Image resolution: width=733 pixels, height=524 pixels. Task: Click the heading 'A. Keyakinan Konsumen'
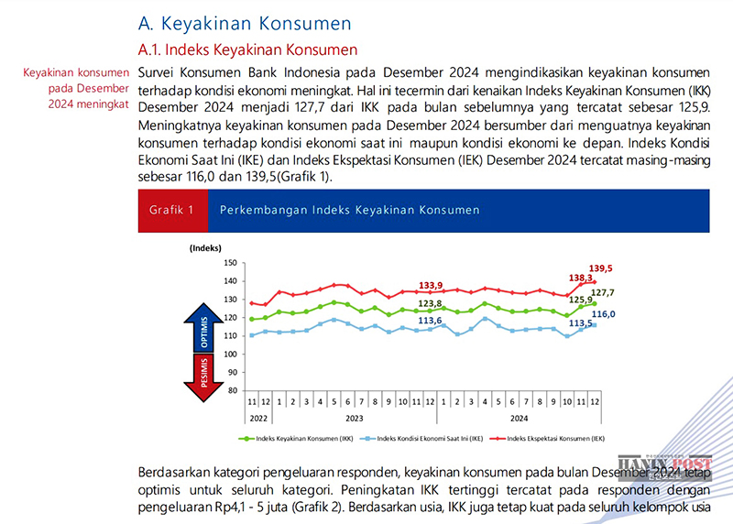pos(243,21)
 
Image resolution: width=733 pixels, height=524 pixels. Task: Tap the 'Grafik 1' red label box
pos(172,210)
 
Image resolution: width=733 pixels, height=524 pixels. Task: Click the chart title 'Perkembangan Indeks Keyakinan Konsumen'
pos(349,210)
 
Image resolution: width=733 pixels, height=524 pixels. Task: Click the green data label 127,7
pos(602,292)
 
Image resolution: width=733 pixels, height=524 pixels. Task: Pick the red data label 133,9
pos(431,285)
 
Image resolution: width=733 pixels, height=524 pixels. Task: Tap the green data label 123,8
pos(431,303)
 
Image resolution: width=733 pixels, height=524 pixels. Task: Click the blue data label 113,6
pos(431,321)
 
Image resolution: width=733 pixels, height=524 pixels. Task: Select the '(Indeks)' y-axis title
pos(207,248)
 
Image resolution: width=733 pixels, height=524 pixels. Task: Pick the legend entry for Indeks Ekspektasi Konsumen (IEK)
pos(549,440)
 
